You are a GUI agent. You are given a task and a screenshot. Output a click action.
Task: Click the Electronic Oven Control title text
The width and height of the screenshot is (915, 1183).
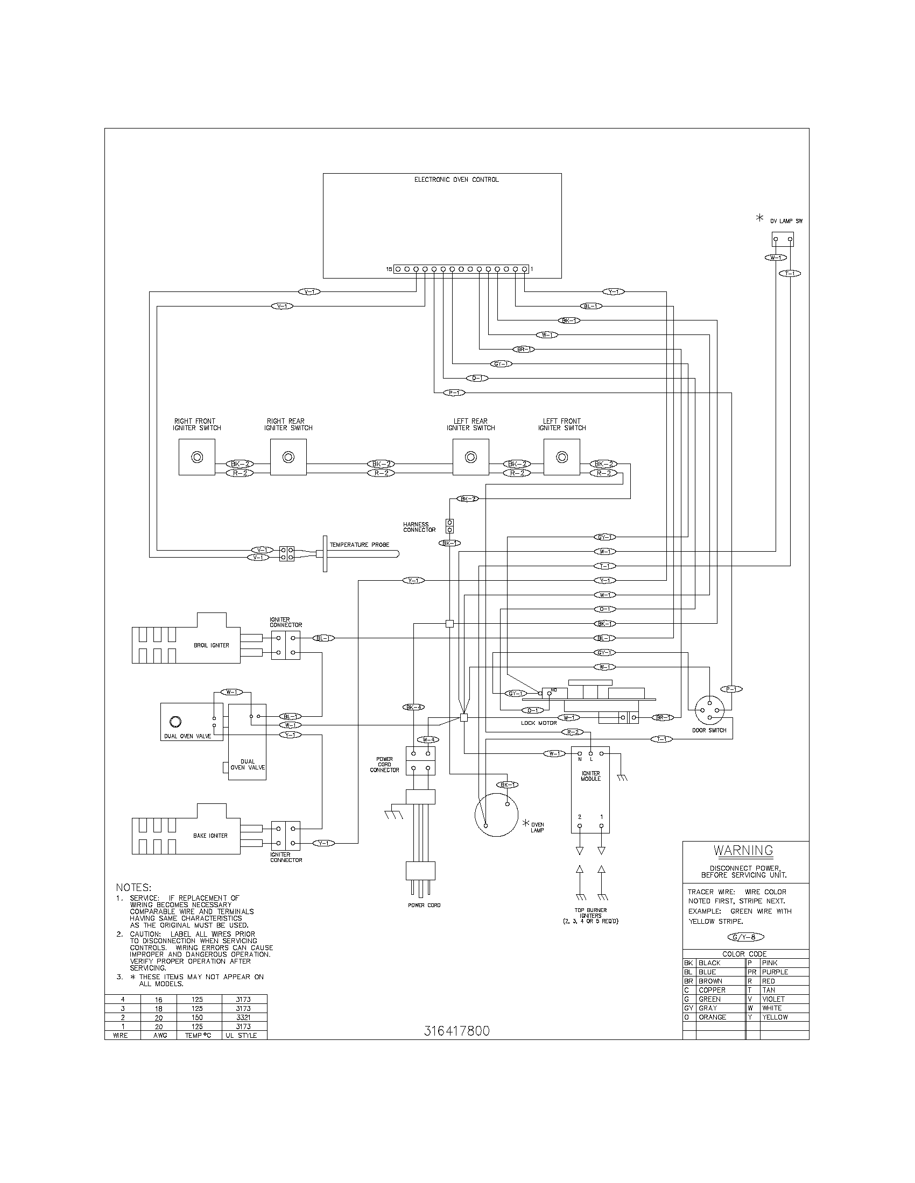456,179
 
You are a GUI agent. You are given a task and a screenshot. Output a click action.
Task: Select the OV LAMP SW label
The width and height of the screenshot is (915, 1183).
786,221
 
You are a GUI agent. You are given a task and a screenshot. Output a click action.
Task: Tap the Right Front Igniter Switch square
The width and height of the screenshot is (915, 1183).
197,457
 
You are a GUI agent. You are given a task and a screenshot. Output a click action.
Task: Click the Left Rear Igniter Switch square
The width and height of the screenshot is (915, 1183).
470,457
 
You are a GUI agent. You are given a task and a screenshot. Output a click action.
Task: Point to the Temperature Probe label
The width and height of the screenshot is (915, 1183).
360,545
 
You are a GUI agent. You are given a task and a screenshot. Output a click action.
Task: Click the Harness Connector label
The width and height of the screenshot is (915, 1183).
419,527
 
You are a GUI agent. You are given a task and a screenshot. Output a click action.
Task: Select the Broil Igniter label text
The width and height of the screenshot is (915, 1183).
212,645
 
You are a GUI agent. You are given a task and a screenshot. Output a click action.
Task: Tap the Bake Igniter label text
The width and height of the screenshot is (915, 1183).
210,836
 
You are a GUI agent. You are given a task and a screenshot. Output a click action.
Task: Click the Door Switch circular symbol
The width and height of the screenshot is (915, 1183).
709,710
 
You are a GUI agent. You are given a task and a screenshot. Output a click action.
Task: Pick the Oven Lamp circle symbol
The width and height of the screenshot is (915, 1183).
496,815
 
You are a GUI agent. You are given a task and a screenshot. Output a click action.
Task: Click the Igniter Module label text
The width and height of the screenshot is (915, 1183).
590,776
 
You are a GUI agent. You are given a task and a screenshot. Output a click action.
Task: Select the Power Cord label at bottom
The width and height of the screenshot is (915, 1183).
424,905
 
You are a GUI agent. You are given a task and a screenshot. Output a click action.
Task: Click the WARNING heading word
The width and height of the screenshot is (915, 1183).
743,851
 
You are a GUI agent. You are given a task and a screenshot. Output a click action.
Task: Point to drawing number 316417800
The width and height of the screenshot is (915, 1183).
456,1031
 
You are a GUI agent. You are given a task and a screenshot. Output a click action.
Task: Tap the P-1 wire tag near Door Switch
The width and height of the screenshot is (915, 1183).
731,689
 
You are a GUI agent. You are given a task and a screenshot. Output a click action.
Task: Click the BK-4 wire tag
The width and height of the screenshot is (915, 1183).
413,707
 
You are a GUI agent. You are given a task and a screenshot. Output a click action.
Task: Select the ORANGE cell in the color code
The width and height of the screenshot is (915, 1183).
712,1017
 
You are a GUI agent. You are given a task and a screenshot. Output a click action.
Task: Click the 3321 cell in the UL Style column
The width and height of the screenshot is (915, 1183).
243,1017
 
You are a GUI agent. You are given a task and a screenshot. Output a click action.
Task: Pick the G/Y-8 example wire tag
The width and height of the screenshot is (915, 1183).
745,937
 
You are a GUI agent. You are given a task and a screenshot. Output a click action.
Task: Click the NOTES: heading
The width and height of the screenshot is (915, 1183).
133,888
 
